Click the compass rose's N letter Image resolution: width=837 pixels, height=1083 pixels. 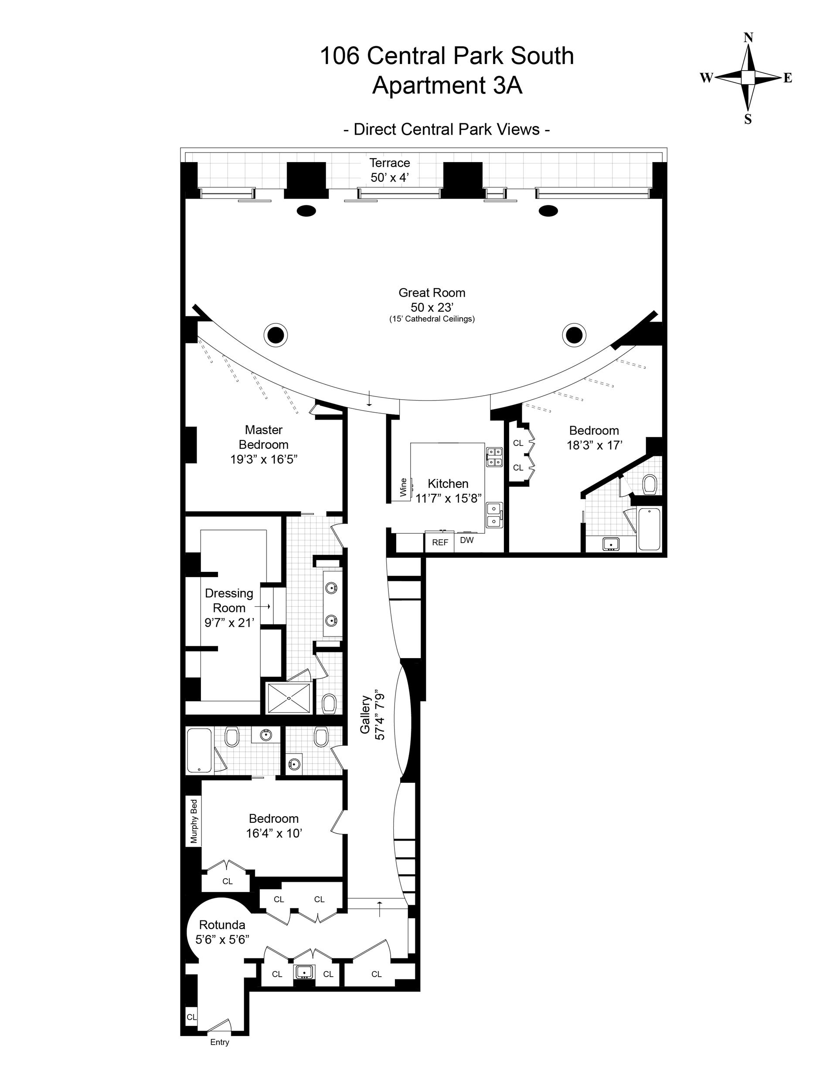tap(748, 37)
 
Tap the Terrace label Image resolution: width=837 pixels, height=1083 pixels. tap(389, 163)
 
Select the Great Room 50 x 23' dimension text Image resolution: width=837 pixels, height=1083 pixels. tap(432, 307)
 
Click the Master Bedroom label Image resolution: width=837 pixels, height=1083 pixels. tap(263, 437)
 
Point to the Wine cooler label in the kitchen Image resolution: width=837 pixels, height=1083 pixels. tap(403, 487)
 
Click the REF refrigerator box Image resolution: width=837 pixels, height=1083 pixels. tap(439, 543)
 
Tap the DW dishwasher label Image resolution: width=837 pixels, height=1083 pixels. tap(466, 540)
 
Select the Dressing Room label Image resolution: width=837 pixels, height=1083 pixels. tap(229, 600)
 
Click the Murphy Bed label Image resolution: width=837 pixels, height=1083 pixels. tap(194, 821)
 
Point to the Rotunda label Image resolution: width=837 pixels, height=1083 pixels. tap(222, 925)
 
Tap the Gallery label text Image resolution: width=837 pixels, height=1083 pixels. tap(366, 715)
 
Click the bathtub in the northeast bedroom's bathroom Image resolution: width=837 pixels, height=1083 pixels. tap(650, 529)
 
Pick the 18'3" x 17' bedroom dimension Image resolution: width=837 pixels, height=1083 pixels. tap(594, 445)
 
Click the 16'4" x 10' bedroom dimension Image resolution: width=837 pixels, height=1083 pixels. tap(274, 834)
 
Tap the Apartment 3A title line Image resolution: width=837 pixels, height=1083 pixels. tap(446, 85)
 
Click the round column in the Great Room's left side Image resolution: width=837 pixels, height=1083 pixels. tap(276, 336)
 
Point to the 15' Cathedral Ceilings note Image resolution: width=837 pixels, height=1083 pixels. tap(432, 319)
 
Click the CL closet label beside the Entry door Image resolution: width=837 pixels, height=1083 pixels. tap(191, 1017)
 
